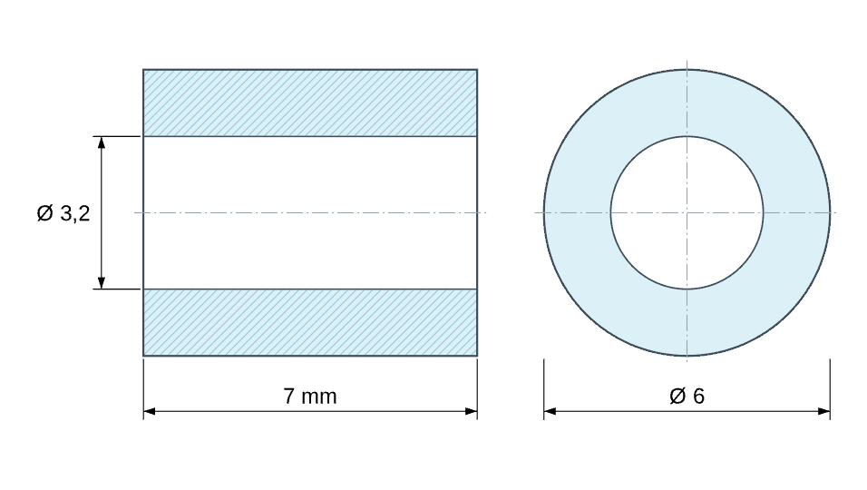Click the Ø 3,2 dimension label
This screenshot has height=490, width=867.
(x=63, y=213)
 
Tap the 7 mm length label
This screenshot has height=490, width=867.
(x=309, y=397)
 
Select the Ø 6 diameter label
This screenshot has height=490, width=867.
(x=687, y=396)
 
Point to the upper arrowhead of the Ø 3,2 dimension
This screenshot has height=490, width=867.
(x=102, y=142)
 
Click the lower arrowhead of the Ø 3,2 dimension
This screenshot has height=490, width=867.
(x=102, y=282)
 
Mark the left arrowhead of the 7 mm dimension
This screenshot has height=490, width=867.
(x=150, y=411)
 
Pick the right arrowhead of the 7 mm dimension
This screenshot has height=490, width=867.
(x=471, y=411)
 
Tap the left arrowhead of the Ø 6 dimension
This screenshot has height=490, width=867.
(x=550, y=411)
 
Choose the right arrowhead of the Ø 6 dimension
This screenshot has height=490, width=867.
(x=823, y=411)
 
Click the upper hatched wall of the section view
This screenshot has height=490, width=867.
(x=310, y=103)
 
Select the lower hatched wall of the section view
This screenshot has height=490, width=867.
(x=310, y=322)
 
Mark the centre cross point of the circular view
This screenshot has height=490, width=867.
(x=687, y=212)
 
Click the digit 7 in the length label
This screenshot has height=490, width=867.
(x=289, y=397)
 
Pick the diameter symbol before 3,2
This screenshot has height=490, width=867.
(x=44, y=213)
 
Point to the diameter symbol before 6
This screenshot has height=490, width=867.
(x=677, y=396)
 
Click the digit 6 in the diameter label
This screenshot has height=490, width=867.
(x=699, y=396)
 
